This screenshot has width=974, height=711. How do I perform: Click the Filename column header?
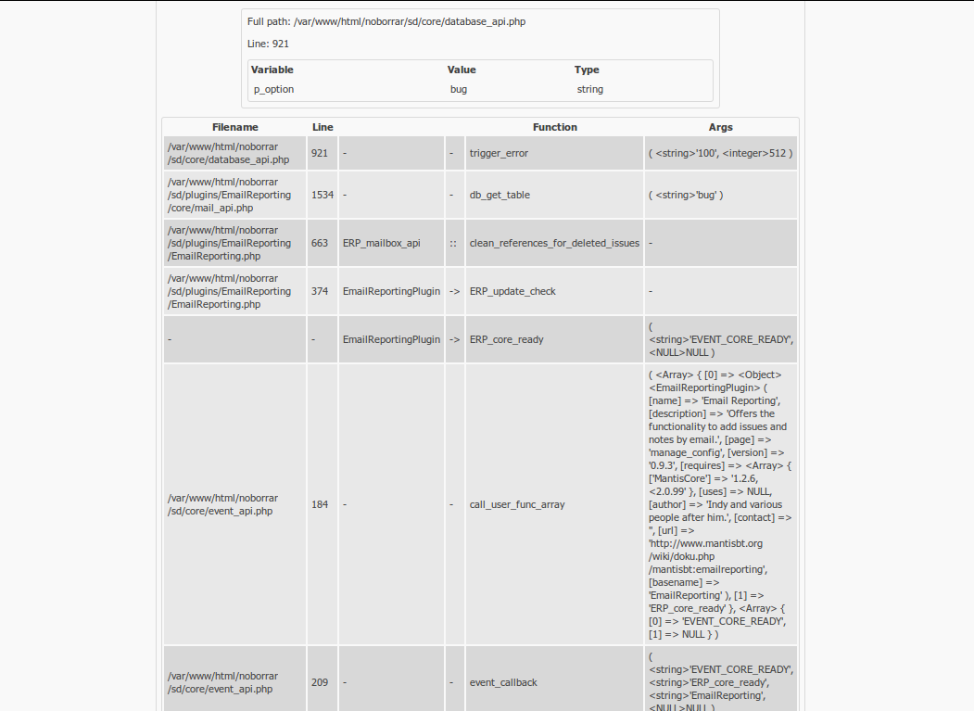click(x=234, y=127)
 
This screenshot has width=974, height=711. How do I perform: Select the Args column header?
click(x=720, y=127)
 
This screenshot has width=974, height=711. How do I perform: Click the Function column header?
click(x=554, y=127)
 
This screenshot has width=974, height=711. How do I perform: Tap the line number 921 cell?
click(x=320, y=153)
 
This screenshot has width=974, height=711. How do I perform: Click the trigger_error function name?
click(x=499, y=153)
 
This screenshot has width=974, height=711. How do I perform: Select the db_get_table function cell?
click(x=500, y=195)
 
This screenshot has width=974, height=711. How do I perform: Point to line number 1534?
click(x=323, y=195)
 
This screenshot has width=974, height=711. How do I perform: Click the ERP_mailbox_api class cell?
click(x=381, y=243)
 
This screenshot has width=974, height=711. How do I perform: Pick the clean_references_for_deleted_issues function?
click(x=554, y=243)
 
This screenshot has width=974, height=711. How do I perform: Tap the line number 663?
click(x=320, y=243)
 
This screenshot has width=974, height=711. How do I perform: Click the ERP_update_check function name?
click(x=512, y=291)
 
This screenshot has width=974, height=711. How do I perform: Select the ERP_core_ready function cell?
click(x=507, y=339)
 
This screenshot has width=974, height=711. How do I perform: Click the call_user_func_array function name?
click(x=517, y=504)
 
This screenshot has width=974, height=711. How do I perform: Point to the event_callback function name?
click(x=503, y=682)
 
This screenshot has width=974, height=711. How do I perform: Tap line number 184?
click(x=320, y=504)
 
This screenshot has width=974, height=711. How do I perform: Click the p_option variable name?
click(x=273, y=89)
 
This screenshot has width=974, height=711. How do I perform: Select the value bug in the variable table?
click(x=459, y=89)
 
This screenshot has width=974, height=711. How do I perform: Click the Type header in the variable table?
click(x=587, y=70)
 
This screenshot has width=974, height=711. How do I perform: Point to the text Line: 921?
click(x=268, y=44)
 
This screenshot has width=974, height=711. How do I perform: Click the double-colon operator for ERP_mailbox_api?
click(x=454, y=243)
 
